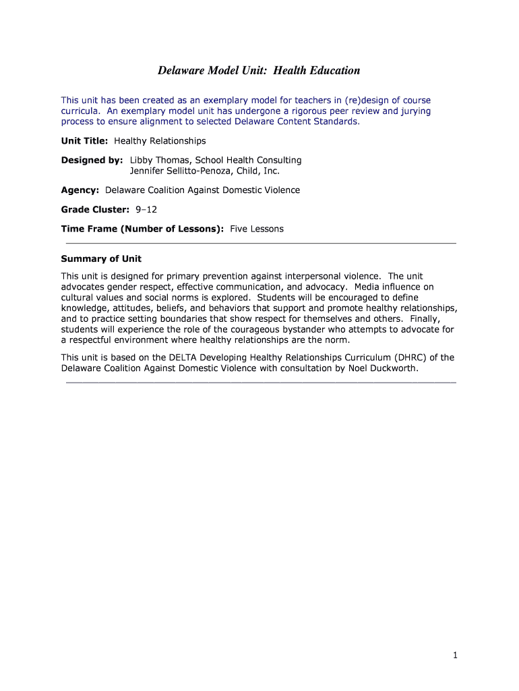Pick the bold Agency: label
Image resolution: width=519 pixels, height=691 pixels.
[x=80, y=190]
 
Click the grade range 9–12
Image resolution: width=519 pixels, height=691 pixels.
[x=146, y=209]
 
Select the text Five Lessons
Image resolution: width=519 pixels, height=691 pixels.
[x=257, y=229]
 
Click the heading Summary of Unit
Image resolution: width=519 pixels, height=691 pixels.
[x=101, y=259]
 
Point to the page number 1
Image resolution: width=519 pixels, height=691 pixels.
[x=456, y=655]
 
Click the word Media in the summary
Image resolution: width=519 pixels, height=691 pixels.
[x=367, y=286]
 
